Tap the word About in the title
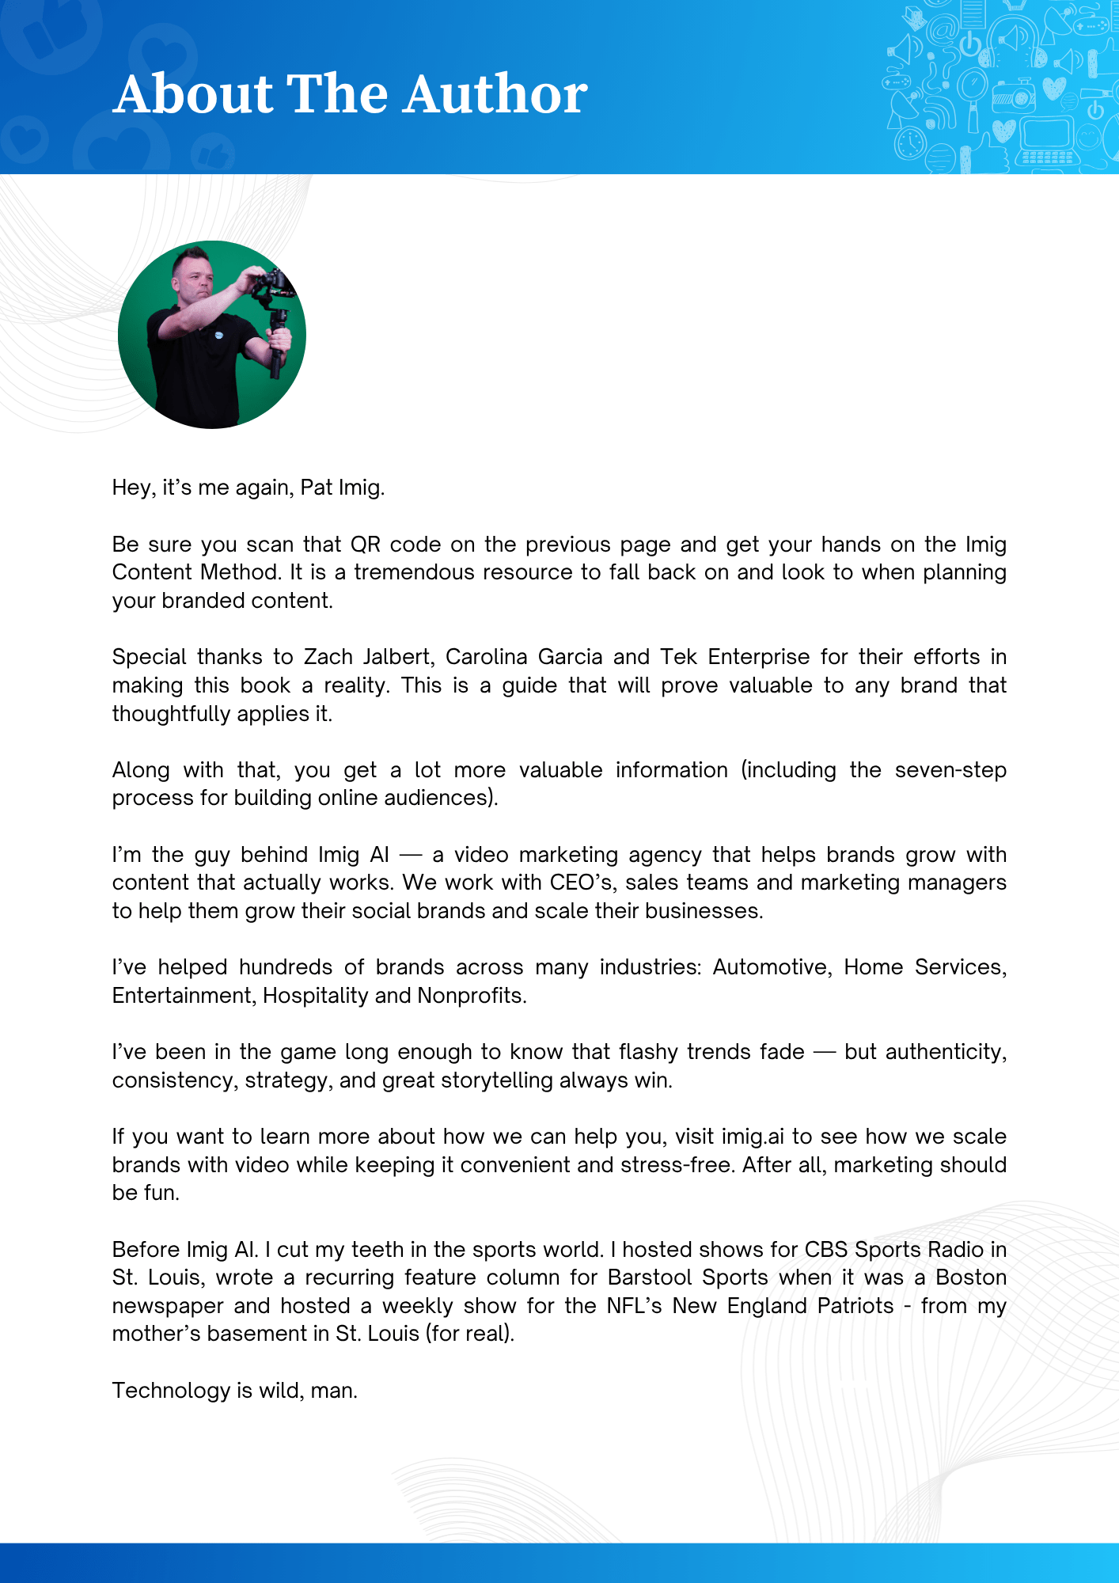(194, 94)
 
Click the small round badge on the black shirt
(219, 335)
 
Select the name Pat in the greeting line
(316, 488)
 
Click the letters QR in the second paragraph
(366, 545)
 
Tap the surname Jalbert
(399, 657)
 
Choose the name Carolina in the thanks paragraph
(486, 657)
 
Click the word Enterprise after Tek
(758, 657)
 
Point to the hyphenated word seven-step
(950, 770)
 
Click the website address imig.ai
(753, 1137)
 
